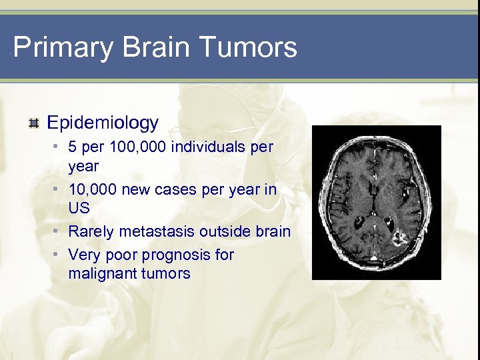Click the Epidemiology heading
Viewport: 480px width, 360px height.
(103, 123)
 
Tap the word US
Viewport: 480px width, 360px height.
(79, 208)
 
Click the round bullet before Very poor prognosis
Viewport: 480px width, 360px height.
(59, 255)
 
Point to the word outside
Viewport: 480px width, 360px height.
(230, 231)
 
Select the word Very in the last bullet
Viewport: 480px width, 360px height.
(83, 255)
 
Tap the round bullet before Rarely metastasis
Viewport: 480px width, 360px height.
(59, 231)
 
